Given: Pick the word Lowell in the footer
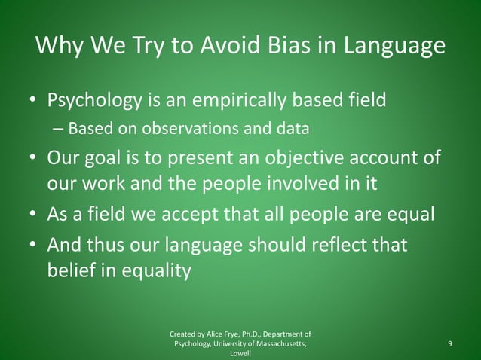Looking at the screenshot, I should point(240,353).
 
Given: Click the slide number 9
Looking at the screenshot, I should point(449,344).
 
